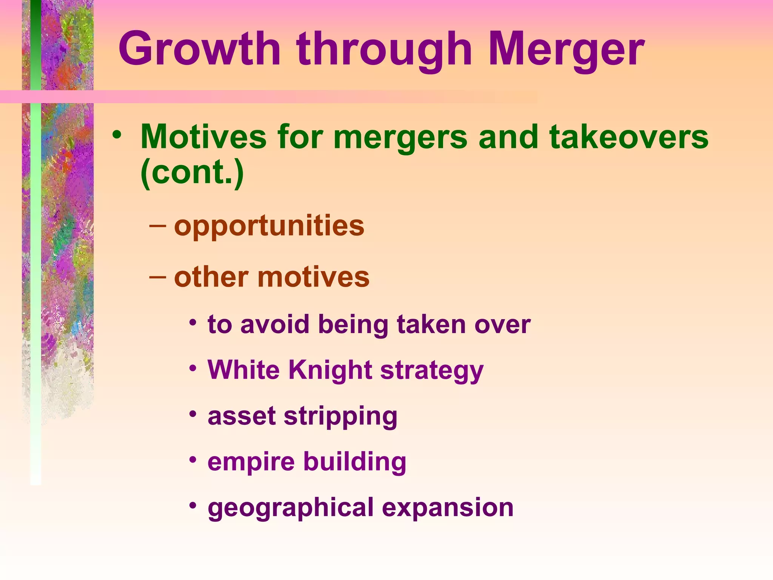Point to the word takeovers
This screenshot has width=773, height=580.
[x=629, y=137]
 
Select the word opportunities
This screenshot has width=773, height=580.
[x=269, y=225]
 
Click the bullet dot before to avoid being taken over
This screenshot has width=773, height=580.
[x=193, y=322]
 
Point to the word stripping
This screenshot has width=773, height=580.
[x=340, y=416]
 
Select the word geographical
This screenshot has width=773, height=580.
[x=290, y=508]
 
